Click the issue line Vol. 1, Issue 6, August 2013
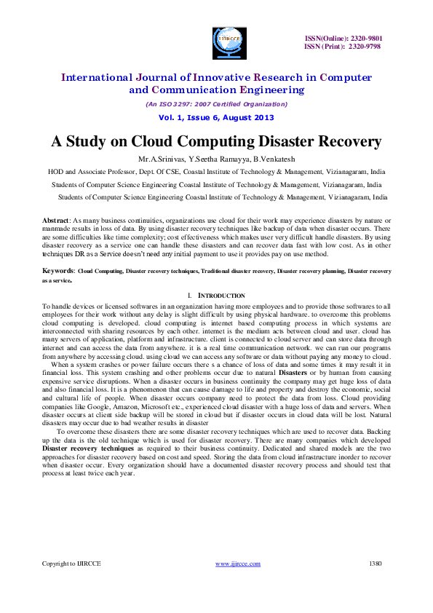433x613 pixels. click(x=216, y=118)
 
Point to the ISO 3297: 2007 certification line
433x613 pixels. click(x=216, y=104)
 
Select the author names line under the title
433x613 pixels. click(x=216, y=158)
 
